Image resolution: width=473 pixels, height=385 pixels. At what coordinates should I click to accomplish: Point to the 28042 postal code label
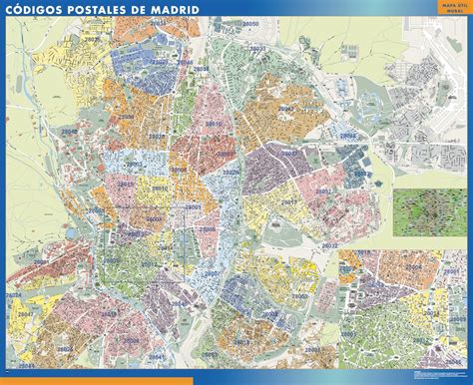tap(347, 132)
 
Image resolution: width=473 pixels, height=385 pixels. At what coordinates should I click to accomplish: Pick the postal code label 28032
tap(330, 244)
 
